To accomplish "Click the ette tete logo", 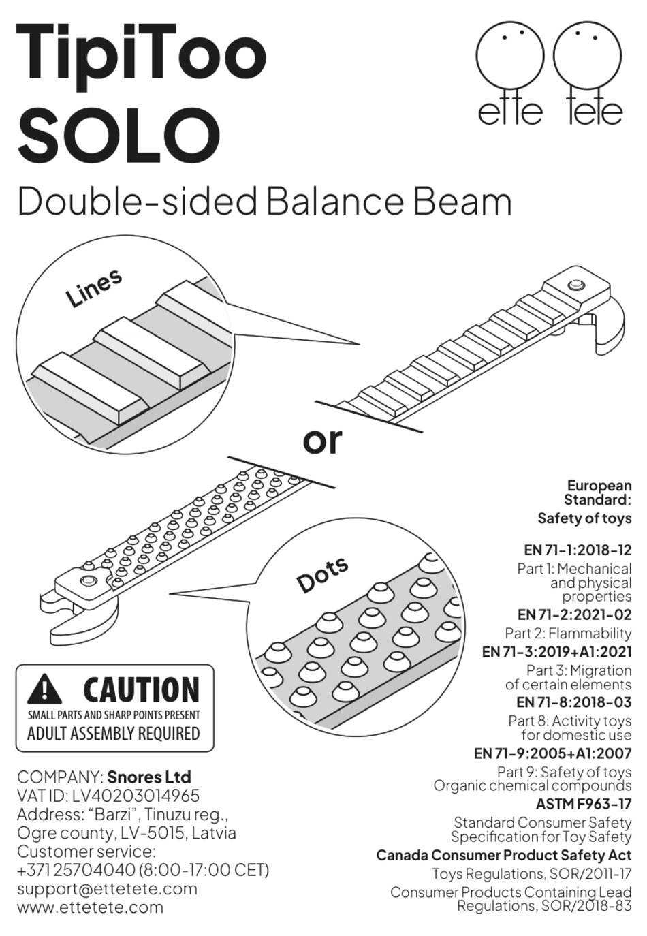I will tap(549, 75).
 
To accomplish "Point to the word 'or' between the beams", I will tap(321, 441).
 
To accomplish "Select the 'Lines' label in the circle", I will tap(94, 287).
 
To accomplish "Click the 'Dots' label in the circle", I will tap(322, 574).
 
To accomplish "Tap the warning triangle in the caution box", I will tap(45, 690).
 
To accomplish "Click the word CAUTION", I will tap(142, 690).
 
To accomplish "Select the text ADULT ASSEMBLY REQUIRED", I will tap(113, 734).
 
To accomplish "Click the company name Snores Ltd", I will tap(149, 777).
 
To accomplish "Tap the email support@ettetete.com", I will tap(107, 888).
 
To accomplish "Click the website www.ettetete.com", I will tap(90, 907).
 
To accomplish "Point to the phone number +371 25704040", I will tap(76, 870).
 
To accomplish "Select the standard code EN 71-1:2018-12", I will tap(578, 550).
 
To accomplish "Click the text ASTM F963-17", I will tap(584, 805).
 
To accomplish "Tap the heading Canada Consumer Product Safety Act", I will tap(504, 855).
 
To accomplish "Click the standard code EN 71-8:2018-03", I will tap(574, 702).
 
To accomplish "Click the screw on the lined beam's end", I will tap(575, 284).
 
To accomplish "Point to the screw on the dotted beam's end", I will tap(87, 581).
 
